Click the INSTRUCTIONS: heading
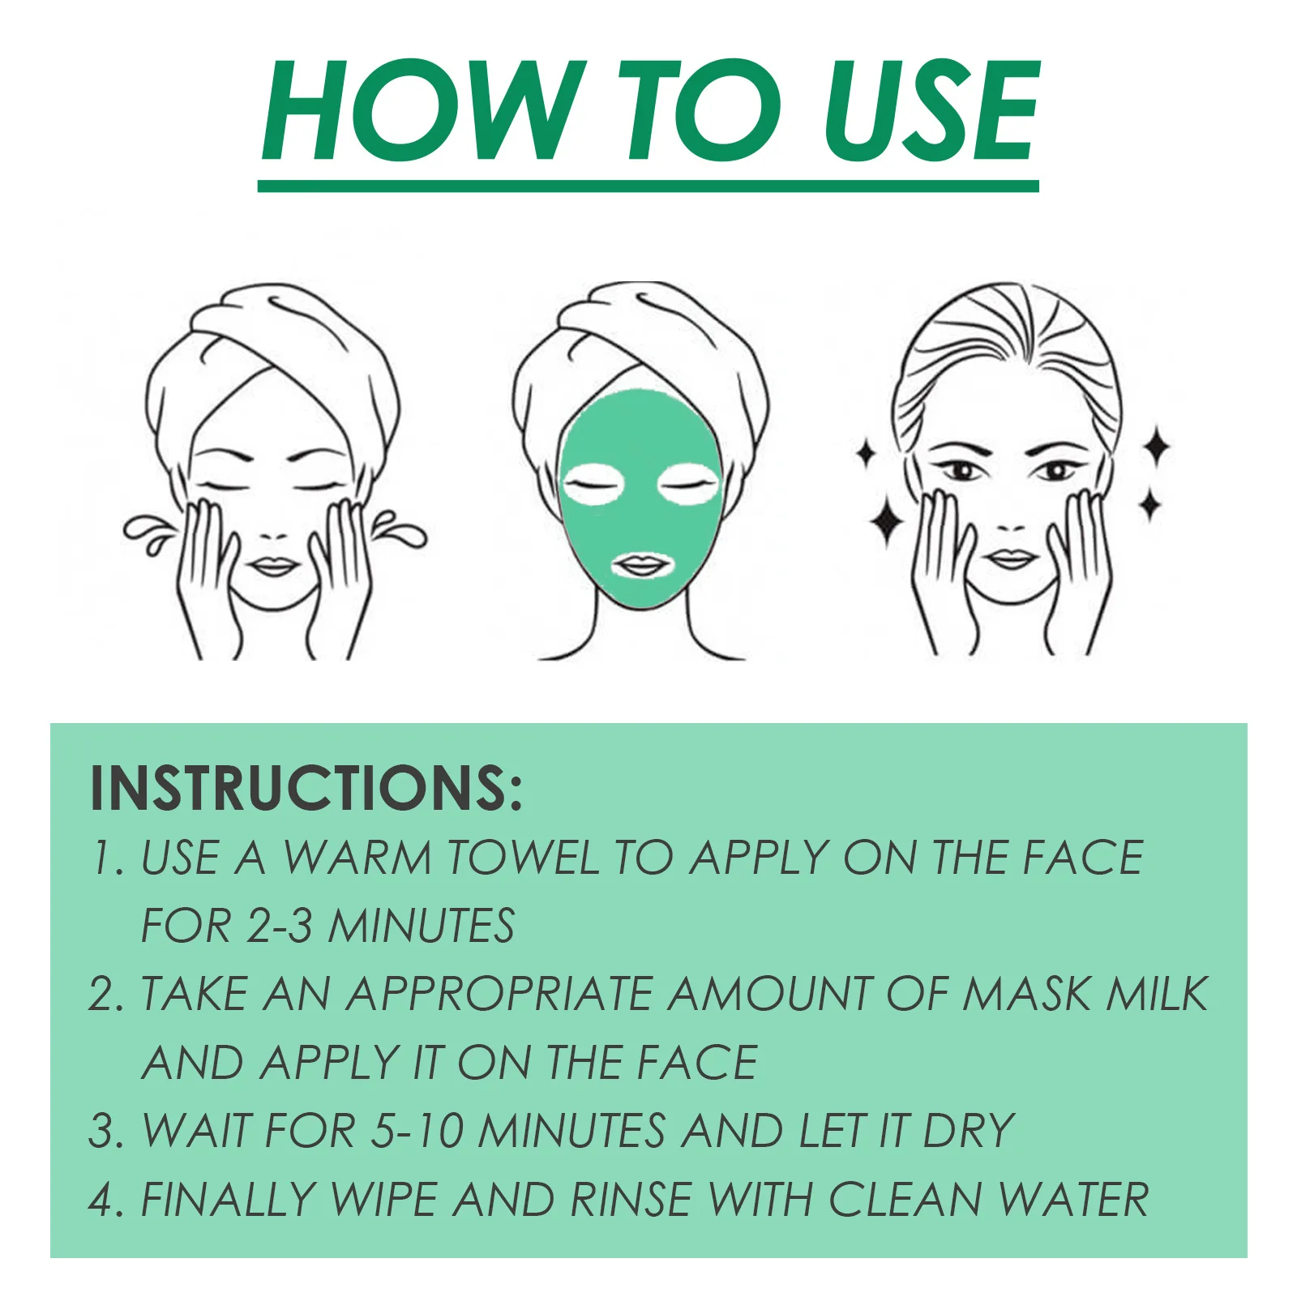point(306,787)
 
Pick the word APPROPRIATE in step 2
point(499,994)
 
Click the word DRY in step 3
point(969,1131)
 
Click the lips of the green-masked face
point(640,564)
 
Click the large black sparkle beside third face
point(887,520)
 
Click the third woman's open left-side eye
point(962,469)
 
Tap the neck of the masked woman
point(640,632)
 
